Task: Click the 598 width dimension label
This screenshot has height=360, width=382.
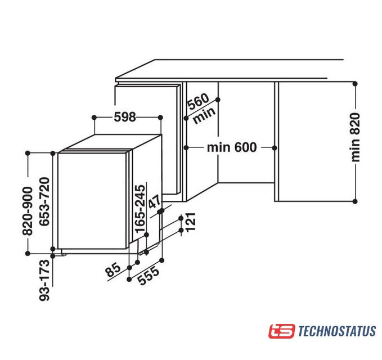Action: click(125, 117)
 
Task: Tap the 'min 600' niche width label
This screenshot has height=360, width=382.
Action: click(232, 147)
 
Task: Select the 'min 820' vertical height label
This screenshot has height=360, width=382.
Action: click(355, 137)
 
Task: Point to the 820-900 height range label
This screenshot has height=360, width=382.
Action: click(27, 211)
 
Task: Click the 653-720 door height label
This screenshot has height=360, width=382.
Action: click(44, 202)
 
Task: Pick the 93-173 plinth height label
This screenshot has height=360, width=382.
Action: click(44, 280)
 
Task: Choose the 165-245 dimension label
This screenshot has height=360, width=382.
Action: click(140, 209)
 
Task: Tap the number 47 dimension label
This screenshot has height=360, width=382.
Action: click(155, 202)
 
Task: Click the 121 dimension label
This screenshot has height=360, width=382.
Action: click(190, 222)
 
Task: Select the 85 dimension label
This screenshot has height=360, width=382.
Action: click(113, 269)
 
